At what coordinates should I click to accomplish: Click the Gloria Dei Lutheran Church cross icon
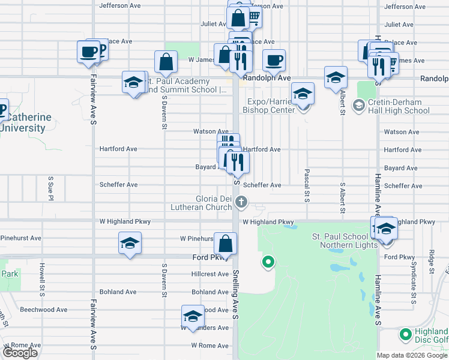pos(241,202)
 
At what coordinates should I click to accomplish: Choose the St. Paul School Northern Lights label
pos(345,241)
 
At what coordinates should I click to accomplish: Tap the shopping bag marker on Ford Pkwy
pos(225,244)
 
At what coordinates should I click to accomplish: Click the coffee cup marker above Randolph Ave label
pos(274,61)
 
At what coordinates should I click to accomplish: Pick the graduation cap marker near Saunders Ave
pos(192,316)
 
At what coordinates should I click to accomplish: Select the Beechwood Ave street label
pos(44,310)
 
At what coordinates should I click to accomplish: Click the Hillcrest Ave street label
pos(210,274)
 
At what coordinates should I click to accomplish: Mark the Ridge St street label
pos(432,264)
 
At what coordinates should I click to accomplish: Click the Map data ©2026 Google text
pos(412,355)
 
